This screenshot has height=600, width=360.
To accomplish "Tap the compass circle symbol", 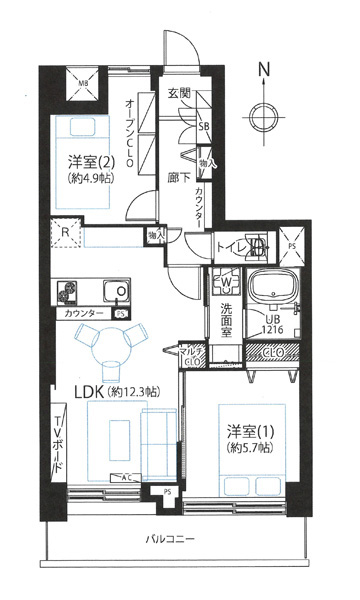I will (x=264, y=115).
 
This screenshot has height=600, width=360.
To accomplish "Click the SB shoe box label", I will (x=203, y=128).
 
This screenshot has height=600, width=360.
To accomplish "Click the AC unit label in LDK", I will (x=125, y=477).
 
